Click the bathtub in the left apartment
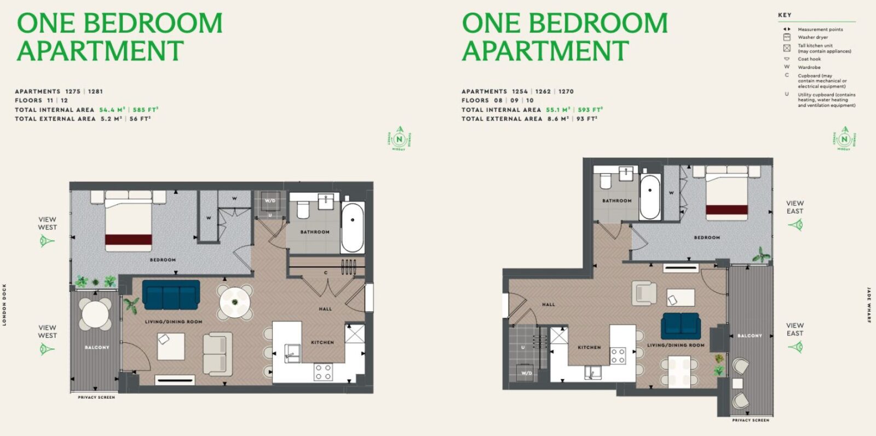click(x=353, y=228)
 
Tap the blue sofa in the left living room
click(x=171, y=295)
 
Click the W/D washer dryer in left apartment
click(x=270, y=201)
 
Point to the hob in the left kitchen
click(x=322, y=372)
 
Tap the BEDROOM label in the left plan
click(x=163, y=260)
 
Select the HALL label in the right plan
click(x=548, y=305)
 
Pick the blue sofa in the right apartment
click(x=681, y=326)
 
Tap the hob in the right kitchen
click(x=618, y=356)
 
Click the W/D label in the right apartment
click(x=526, y=373)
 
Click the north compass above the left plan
click(x=399, y=139)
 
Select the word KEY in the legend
click(x=785, y=15)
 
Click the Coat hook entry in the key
click(x=809, y=59)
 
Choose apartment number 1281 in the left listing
click(x=95, y=91)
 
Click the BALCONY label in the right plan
click(x=750, y=336)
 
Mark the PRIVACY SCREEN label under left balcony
click(x=96, y=397)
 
